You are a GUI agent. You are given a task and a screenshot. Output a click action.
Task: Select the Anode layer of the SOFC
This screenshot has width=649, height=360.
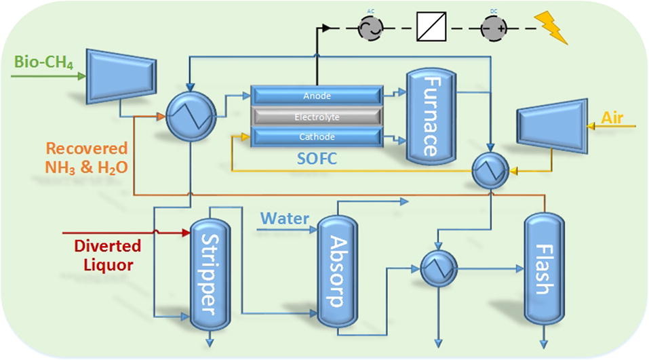coord(317,96)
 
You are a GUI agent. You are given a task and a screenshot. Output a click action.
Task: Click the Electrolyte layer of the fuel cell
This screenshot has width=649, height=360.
coord(317,117)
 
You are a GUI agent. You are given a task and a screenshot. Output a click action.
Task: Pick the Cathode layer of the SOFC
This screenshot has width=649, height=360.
coord(317,138)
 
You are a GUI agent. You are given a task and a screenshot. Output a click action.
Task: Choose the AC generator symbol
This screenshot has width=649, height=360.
coord(371,27)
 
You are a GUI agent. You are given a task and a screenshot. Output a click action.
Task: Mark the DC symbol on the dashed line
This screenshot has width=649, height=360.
coord(493,27)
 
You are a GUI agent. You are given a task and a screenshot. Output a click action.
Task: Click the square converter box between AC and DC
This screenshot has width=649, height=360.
coord(431,27)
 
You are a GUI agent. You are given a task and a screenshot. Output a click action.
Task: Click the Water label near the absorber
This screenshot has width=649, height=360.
coord(286,219)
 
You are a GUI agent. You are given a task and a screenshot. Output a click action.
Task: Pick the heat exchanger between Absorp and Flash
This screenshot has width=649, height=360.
coord(436,268)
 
